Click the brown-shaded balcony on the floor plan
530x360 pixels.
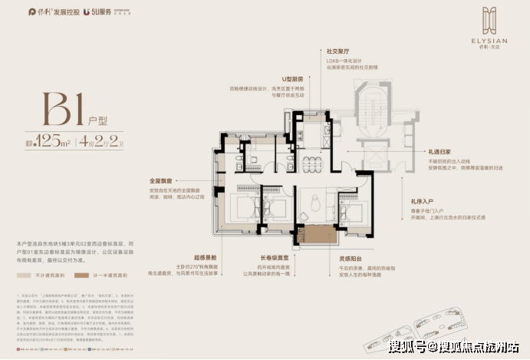point(314,237)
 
